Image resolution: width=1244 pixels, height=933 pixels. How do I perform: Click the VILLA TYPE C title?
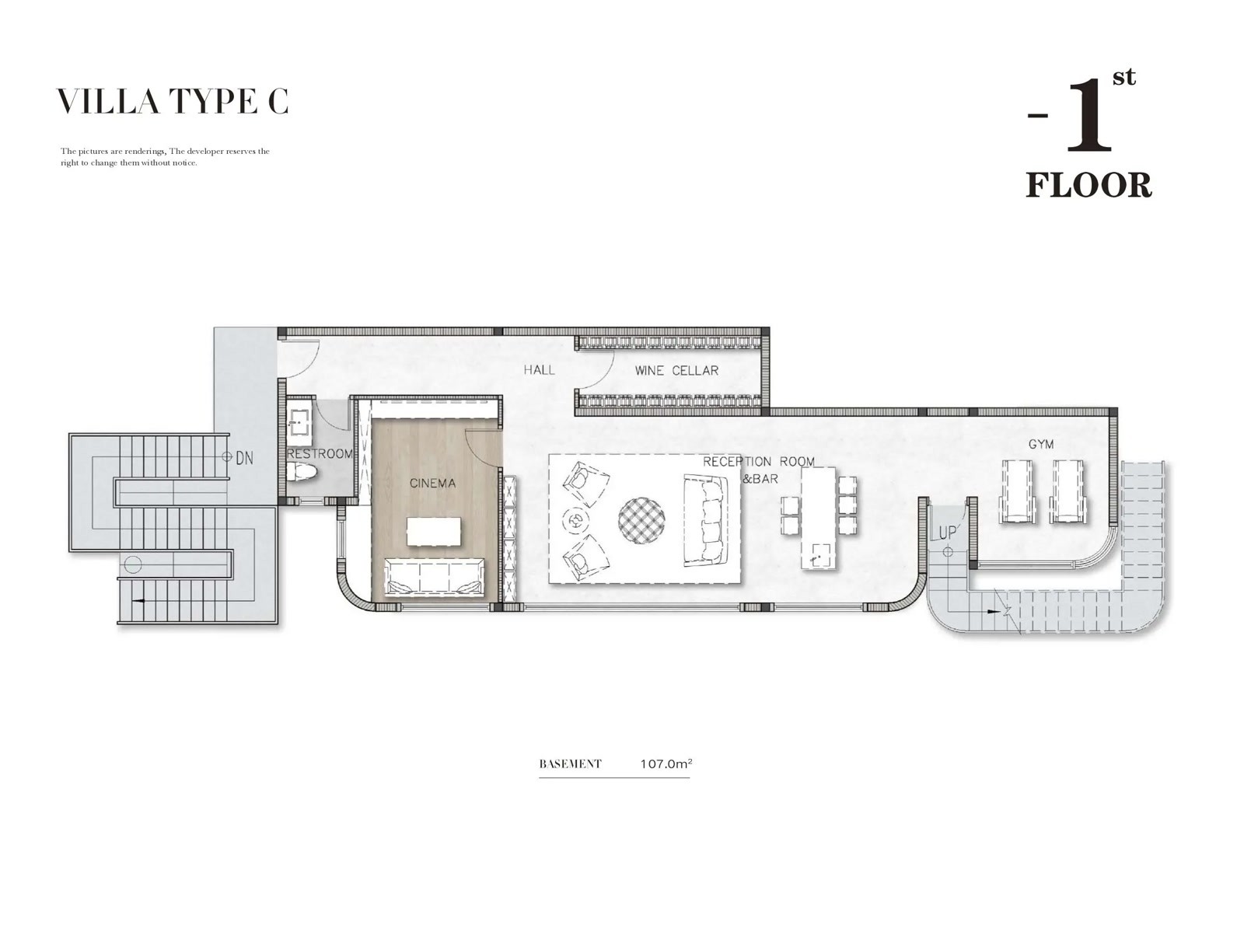(x=173, y=101)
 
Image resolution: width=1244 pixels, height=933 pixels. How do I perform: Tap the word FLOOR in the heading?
(x=1088, y=185)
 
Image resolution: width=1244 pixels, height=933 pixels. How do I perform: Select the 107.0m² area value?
(x=666, y=764)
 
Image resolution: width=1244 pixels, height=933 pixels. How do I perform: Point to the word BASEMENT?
(x=570, y=764)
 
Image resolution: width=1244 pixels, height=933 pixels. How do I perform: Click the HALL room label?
(x=539, y=370)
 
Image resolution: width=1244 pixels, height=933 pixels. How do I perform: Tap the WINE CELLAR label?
(x=676, y=371)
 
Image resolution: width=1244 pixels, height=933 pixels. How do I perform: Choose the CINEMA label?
(x=432, y=483)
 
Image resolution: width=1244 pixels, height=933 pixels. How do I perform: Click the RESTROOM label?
(x=320, y=454)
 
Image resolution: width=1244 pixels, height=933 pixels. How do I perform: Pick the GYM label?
(x=1041, y=444)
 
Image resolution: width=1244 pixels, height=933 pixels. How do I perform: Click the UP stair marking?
(x=948, y=533)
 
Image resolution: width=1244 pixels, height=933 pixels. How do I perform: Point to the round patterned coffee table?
(x=641, y=521)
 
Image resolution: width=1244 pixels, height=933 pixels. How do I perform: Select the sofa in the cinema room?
(x=435, y=577)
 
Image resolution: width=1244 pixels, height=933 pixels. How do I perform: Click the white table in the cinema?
(x=434, y=531)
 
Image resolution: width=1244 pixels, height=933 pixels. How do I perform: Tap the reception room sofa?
(x=705, y=520)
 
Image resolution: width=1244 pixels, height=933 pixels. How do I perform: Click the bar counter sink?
(x=817, y=556)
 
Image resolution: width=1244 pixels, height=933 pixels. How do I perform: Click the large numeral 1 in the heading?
(x=1088, y=117)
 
